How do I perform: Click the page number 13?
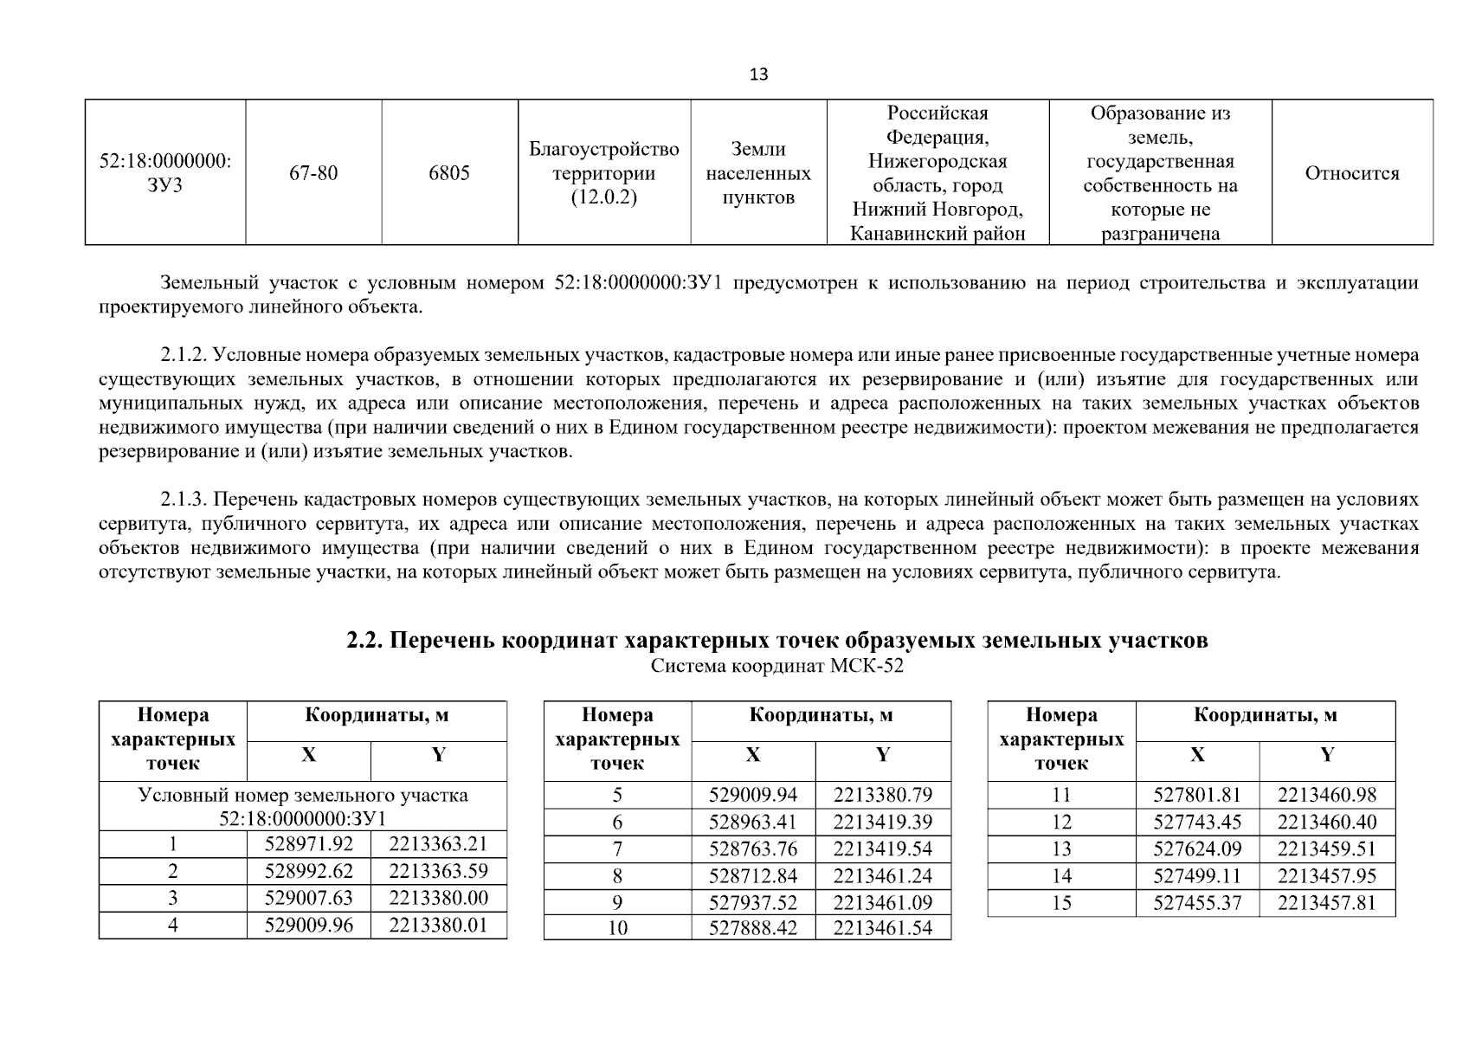(757, 74)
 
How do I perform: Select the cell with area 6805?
(449, 173)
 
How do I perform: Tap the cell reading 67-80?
(313, 173)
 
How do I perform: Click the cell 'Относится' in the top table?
(1351, 173)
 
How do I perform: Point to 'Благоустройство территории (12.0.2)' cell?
(603, 173)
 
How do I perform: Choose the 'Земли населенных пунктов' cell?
(758, 173)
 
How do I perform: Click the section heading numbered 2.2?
(776, 641)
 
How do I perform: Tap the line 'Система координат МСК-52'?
(776, 667)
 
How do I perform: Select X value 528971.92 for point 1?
(308, 844)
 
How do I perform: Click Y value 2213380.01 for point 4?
(438, 925)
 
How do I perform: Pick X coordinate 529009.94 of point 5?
(752, 795)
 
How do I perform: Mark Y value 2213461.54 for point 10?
(882, 928)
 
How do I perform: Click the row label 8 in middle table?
(617, 875)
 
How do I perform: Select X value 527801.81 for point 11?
(1196, 795)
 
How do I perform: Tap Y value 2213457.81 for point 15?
(1326, 903)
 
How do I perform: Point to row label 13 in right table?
(1061, 849)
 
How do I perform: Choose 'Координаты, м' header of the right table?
(1265, 715)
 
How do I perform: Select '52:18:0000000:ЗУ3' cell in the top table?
(164, 173)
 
